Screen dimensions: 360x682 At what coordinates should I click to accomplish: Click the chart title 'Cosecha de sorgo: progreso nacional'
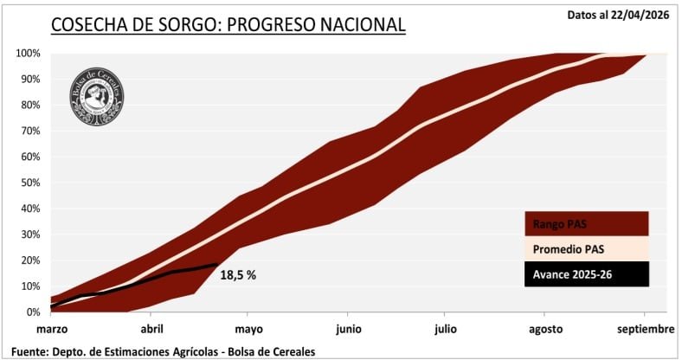click(x=228, y=24)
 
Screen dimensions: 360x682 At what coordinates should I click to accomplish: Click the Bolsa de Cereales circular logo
click(x=97, y=93)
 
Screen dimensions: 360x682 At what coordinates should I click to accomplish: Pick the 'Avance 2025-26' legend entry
click(x=586, y=274)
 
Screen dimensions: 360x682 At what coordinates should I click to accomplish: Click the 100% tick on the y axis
click(x=28, y=53)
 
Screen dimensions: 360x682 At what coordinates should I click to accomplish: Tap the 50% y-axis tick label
click(x=29, y=183)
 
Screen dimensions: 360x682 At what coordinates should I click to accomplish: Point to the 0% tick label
click(x=33, y=312)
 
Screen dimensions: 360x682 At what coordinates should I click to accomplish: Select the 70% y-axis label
click(x=29, y=131)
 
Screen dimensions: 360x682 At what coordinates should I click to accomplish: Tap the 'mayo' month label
click(x=248, y=329)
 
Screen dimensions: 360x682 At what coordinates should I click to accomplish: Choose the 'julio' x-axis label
click(x=447, y=329)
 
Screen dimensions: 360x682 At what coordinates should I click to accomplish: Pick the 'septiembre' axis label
click(x=645, y=329)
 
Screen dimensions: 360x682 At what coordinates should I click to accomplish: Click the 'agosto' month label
click(x=545, y=329)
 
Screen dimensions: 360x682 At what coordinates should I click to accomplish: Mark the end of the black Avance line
click(x=217, y=265)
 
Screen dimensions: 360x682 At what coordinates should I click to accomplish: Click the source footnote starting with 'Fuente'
click(x=159, y=350)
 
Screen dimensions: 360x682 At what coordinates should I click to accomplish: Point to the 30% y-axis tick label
click(x=29, y=234)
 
